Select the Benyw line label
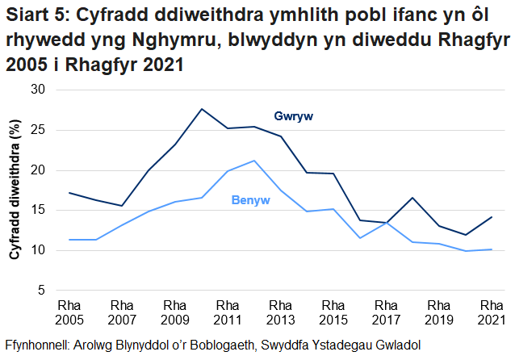pos(250,200)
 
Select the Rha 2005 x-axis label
pos(69,312)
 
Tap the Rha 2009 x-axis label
pos(175,312)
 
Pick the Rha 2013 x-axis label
pos(280,312)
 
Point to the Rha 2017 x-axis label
pos(386,312)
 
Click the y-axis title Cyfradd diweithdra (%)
pos(14,190)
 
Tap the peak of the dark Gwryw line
pos(202,109)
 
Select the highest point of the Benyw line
pos(254,161)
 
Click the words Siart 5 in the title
pos(31,15)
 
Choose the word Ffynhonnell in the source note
pos(37,345)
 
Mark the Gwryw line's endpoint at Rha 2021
pos(492,217)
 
